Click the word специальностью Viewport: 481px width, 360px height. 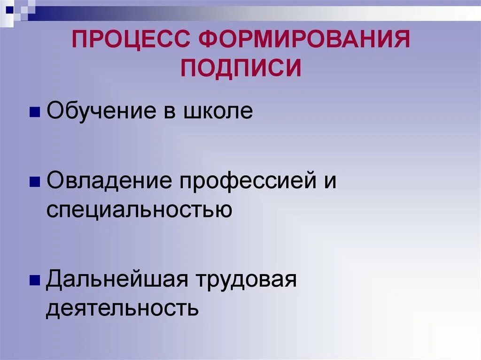coord(139,209)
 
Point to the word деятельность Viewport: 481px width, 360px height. coord(122,308)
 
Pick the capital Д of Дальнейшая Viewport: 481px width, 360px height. coord(54,280)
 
